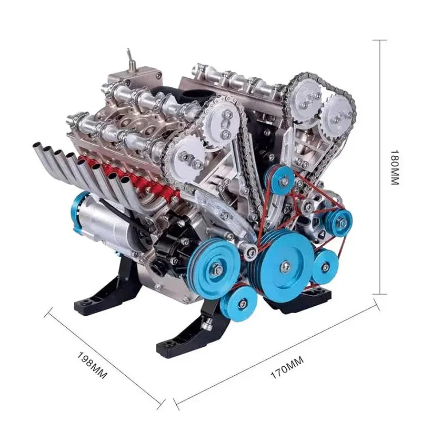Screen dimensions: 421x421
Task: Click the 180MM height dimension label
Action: pyautogui.click(x=394, y=167)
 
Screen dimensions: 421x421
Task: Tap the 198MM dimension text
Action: pyautogui.click(x=92, y=365)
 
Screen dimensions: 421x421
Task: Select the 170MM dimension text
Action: pyautogui.click(x=287, y=367)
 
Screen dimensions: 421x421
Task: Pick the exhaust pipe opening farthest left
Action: pyautogui.click(x=36, y=146)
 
